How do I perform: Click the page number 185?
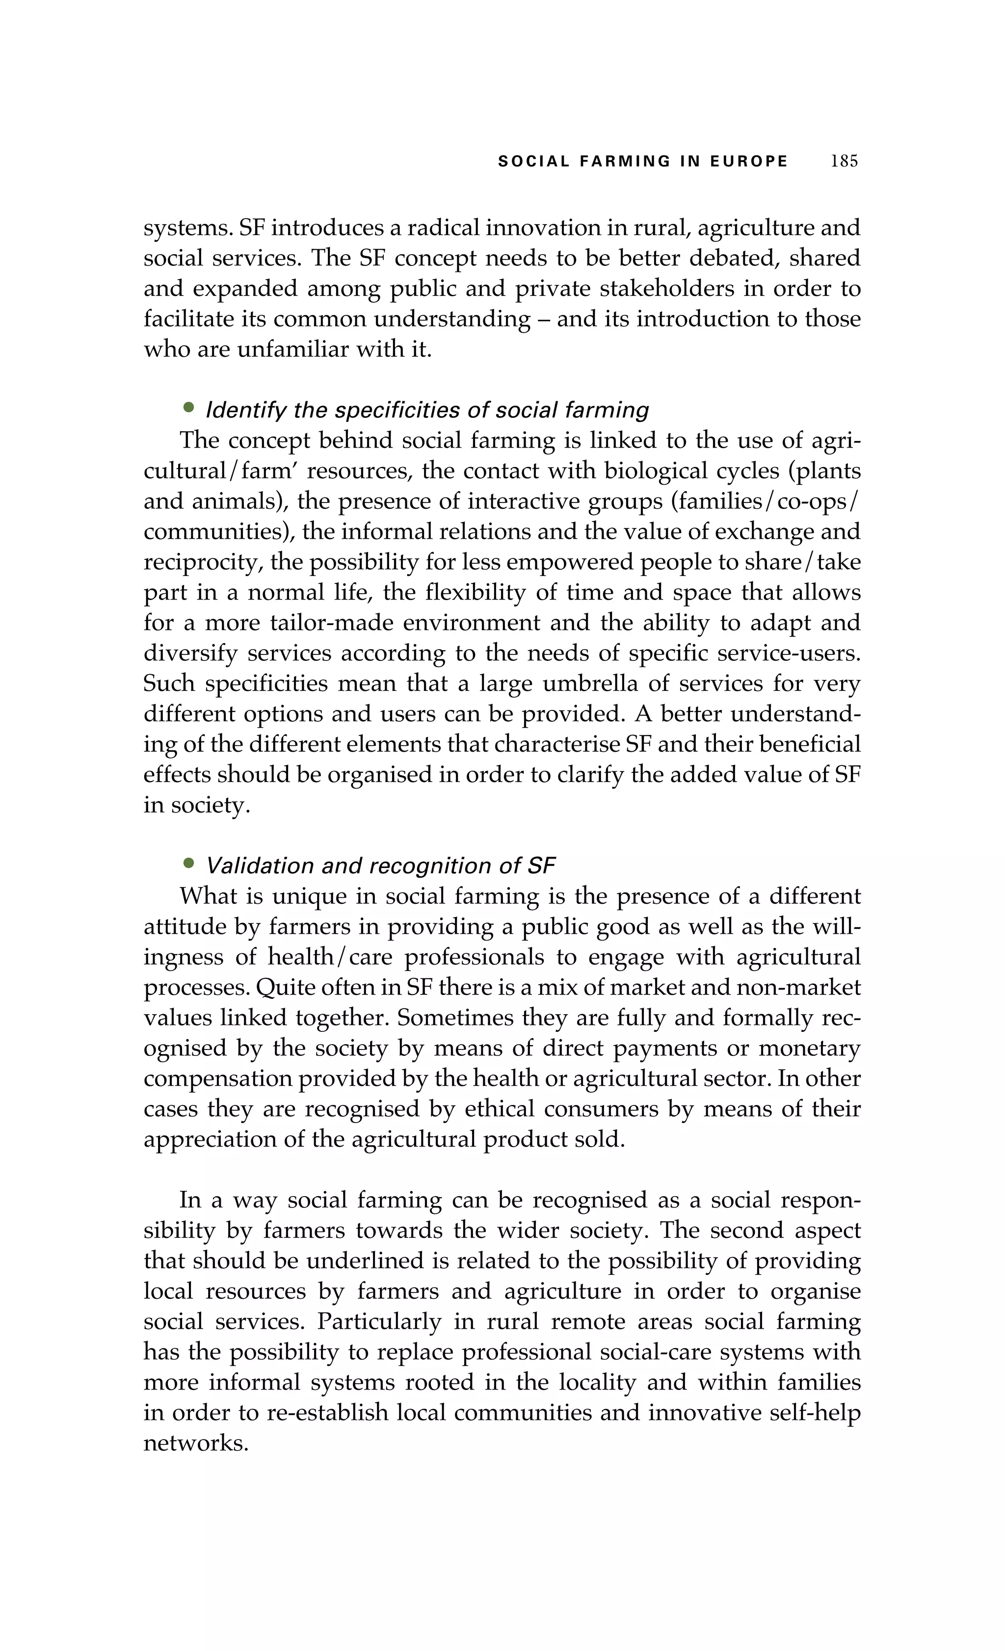[844, 161]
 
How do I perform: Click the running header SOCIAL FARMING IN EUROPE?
[642, 161]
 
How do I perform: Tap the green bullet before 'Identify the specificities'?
[189, 407]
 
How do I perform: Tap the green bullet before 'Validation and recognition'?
[189, 863]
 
